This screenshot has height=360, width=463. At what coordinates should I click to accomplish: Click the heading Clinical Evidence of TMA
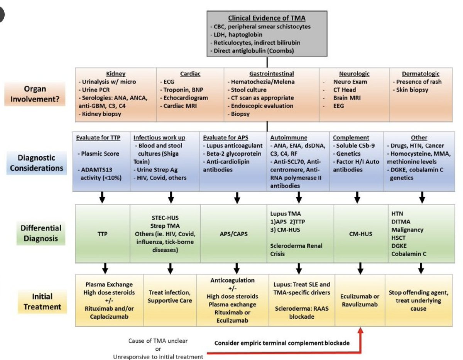tap(266, 18)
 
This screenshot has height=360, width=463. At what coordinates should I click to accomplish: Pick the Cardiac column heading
tap(189, 73)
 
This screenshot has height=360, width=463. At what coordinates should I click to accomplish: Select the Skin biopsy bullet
tap(412, 90)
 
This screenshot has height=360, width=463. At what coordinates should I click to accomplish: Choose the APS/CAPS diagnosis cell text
tap(237, 234)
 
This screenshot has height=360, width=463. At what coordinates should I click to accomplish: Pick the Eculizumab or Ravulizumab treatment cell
tap(360, 300)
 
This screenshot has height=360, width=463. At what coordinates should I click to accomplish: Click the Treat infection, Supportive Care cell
tap(170, 296)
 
